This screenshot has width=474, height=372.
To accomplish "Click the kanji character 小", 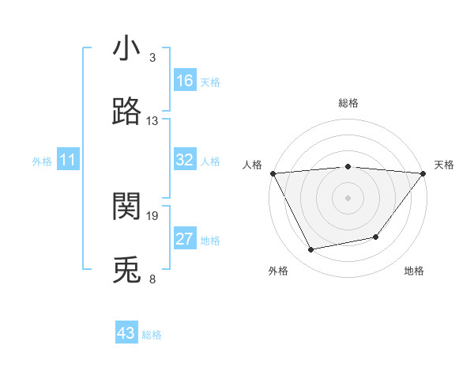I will [x=126, y=49].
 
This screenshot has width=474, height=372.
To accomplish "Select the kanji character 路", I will [x=126, y=112].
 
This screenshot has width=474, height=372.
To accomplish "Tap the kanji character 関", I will [x=126, y=207].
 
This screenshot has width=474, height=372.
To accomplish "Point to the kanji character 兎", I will [x=126, y=270].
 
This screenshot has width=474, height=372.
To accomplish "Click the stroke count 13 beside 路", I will [x=152, y=121].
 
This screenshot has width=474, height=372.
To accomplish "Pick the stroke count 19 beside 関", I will [x=152, y=215].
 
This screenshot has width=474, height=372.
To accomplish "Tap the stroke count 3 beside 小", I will [x=152, y=58].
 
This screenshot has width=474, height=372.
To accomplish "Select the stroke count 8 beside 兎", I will [x=152, y=279].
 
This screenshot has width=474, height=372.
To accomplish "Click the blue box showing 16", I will [x=185, y=81].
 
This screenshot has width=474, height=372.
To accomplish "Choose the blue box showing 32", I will [x=185, y=160].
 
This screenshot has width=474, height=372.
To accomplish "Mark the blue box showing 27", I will [x=185, y=239].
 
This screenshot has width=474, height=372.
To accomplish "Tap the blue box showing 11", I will [x=68, y=160].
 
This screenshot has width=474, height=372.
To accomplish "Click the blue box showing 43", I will [x=126, y=333].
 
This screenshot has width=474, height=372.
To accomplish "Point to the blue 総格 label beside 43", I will [x=152, y=335].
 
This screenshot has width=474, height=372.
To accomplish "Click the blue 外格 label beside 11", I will [x=42, y=161].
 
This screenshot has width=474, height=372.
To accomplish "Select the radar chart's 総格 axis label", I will [x=348, y=103].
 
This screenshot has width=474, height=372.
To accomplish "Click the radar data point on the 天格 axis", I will [x=423, y=173].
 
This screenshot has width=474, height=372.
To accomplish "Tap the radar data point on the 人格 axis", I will [x=273, y=173].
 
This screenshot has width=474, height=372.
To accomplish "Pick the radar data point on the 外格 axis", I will [x=311, y=249].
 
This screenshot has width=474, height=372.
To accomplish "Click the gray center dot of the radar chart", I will [x=348, y=198].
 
